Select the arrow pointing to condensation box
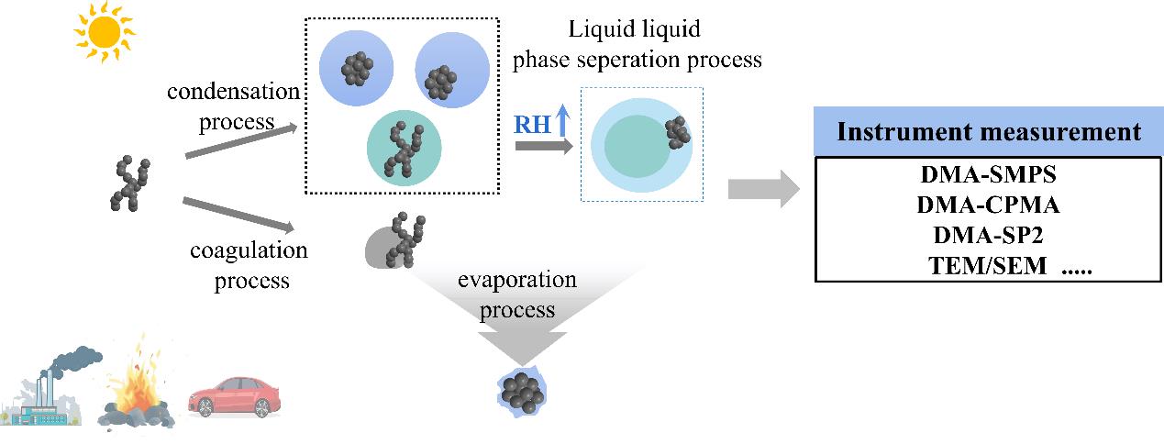click(242, 142)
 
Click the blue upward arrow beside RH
click(563, 121)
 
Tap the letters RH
click(532, 124)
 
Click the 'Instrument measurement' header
click(988, 132)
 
